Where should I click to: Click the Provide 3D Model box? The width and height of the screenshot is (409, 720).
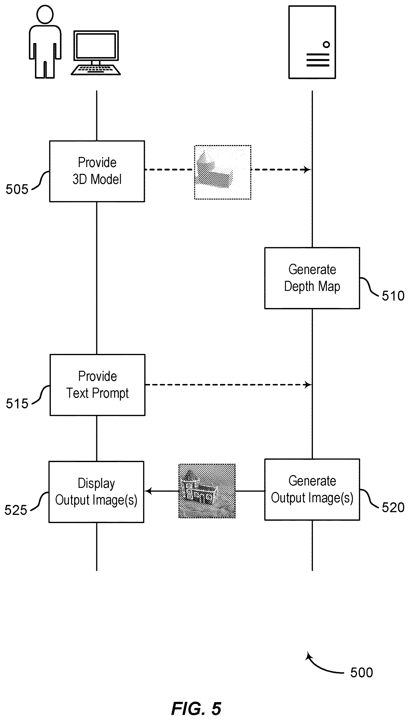click(97, 171)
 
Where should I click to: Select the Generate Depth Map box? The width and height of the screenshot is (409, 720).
click(312, 278)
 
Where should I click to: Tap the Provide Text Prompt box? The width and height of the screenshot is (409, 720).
click(98, 385)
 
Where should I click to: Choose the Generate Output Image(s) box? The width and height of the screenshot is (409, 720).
click(312, 490)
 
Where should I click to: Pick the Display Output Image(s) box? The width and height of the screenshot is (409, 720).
click(96, 492)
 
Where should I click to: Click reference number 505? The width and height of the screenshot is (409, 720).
click(17, 189)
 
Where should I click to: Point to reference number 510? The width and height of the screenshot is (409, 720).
click(393, 296)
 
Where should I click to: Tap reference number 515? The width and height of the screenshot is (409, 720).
click(17, 403)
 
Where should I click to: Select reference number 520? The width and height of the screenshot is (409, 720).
click(393, 508)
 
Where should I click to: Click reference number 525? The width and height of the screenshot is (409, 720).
click(16, 510)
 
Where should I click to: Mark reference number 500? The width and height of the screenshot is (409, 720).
click(362, 673)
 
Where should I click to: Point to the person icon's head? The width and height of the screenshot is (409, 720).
click(45, 14)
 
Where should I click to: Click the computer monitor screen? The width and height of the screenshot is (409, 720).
click(96, 45)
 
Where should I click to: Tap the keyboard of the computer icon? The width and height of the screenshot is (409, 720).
click(95, 70)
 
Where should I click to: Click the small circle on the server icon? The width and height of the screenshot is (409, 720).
click(326, 44)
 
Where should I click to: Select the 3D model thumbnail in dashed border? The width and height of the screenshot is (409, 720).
click(223, 172)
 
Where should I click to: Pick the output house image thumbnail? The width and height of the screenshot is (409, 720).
click(207, 491)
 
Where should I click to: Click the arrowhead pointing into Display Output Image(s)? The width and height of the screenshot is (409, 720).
click(148, 491)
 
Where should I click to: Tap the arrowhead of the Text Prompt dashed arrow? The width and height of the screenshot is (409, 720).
click(308, 385)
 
